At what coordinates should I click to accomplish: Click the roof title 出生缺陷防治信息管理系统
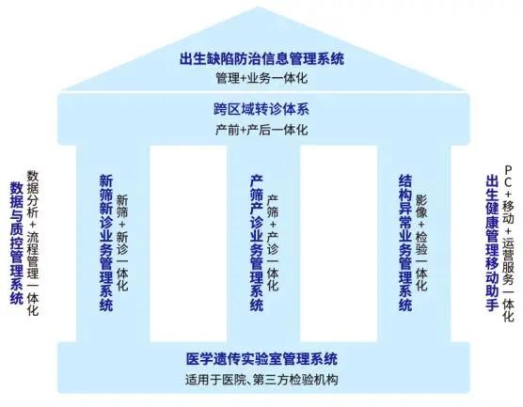pyautogui.click(x=261, y=59)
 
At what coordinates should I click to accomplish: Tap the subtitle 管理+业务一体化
pyautogui.click(x=261, y=78)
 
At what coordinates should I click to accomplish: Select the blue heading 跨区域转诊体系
pyautogui.click(x=261, y=109)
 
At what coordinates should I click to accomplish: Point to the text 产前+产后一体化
pyautogui.click(x=261, y=130)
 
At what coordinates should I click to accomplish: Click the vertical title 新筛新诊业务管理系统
pyautogui.click(x=106, y=243)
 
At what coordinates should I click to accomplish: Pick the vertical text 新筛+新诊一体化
pyautogui.click(x=122, y=243)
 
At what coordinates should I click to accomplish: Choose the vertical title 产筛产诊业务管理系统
pyautogui.click(x=257, y=243)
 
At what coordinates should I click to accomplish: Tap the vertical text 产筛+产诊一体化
pyautogui.click(x=273, y=243)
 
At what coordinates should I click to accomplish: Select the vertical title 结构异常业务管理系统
pyautogui.click(x=405, y=243)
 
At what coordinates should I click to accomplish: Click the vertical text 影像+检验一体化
pyautogui.click(x=421, y=243)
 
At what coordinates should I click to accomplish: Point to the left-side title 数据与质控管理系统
pyautogui.click(x=17, y=243)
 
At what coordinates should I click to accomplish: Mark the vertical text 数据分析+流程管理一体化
pyautogui.click(x=33, y=243)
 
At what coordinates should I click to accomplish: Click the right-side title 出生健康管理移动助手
pyautogui.click(x=492, y=243)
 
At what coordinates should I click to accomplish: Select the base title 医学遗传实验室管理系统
pyautogui.click(x=261, y=359)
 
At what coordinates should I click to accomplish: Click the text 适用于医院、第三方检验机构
pyautogui.click(x=261, y=380)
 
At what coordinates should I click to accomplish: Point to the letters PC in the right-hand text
pyautogui.click(x=508, y=176)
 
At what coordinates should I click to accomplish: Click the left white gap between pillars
pyautogui.click(x=188, y=243)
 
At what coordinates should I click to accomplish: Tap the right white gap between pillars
pyautogui.click(x=339, y=243)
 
